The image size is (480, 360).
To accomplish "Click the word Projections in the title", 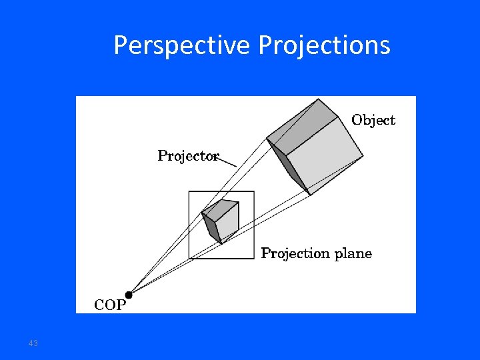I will (x=324, y=45).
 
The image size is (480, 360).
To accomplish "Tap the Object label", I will (x=373, y=120).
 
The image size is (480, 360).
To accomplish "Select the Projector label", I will (x=188, y=156).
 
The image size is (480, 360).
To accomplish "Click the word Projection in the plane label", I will (x=295, y=253).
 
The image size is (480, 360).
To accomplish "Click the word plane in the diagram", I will (x=353, y=253).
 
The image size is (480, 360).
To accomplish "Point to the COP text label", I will (x=109, y=305).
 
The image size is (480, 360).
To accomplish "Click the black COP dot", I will (x=129, y=293).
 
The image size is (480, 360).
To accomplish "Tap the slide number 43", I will (x=33, y=343).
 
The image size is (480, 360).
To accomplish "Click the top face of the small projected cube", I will (x=221, y=208).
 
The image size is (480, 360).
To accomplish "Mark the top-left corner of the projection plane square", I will (x=189, y=192).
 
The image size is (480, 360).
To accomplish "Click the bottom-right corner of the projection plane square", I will (x=254, y=258).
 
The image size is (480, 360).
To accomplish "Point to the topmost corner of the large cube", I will (x=319, y=99).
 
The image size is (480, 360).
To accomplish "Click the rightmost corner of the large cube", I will (x=363, y=157).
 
